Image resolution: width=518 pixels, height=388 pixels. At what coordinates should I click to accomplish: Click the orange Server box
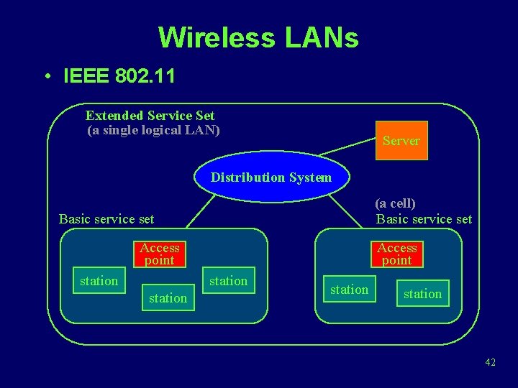click(401, 140)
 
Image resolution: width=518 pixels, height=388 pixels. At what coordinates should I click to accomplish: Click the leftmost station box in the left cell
click(99, 281)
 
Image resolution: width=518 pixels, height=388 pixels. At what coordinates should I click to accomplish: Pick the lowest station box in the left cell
click(168, 297)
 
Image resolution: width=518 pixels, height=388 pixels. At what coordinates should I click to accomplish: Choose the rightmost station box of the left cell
click(228, 281)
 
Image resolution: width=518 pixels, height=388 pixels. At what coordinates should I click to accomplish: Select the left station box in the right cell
click(349, 290)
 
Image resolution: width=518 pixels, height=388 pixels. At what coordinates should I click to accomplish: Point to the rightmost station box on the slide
click(422, 293)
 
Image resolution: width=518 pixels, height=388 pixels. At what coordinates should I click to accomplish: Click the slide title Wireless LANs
click(258, 37)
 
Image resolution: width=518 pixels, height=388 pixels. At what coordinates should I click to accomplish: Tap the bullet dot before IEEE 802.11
click(45, 77)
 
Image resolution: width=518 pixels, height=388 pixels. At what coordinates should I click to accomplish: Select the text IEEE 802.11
click(119, 76)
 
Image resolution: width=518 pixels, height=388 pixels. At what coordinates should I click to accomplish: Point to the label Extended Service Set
click(150, 115)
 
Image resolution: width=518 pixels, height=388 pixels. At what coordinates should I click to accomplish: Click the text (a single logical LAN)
click(153, 130)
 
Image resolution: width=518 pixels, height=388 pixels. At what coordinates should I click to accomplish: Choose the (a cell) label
click(395, 203)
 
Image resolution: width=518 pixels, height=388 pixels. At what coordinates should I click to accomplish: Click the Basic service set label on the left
click(106, 218)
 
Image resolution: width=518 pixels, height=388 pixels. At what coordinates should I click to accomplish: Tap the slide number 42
click(490, 362)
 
